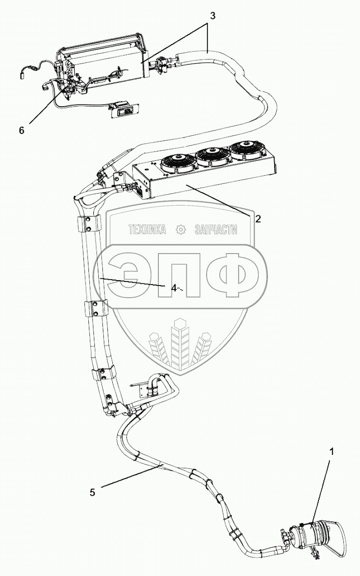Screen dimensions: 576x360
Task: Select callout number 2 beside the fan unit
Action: point(258,219)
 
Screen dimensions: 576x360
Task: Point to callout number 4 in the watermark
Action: point(174,288)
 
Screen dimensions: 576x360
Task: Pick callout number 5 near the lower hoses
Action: point(92,492)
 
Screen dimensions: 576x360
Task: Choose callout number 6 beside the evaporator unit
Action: point(21,130)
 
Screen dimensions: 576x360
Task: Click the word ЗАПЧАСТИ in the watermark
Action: point(216,230)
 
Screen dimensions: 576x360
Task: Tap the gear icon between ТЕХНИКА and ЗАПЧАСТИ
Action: point(180,230)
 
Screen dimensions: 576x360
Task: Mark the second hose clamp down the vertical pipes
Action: point(95,309)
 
